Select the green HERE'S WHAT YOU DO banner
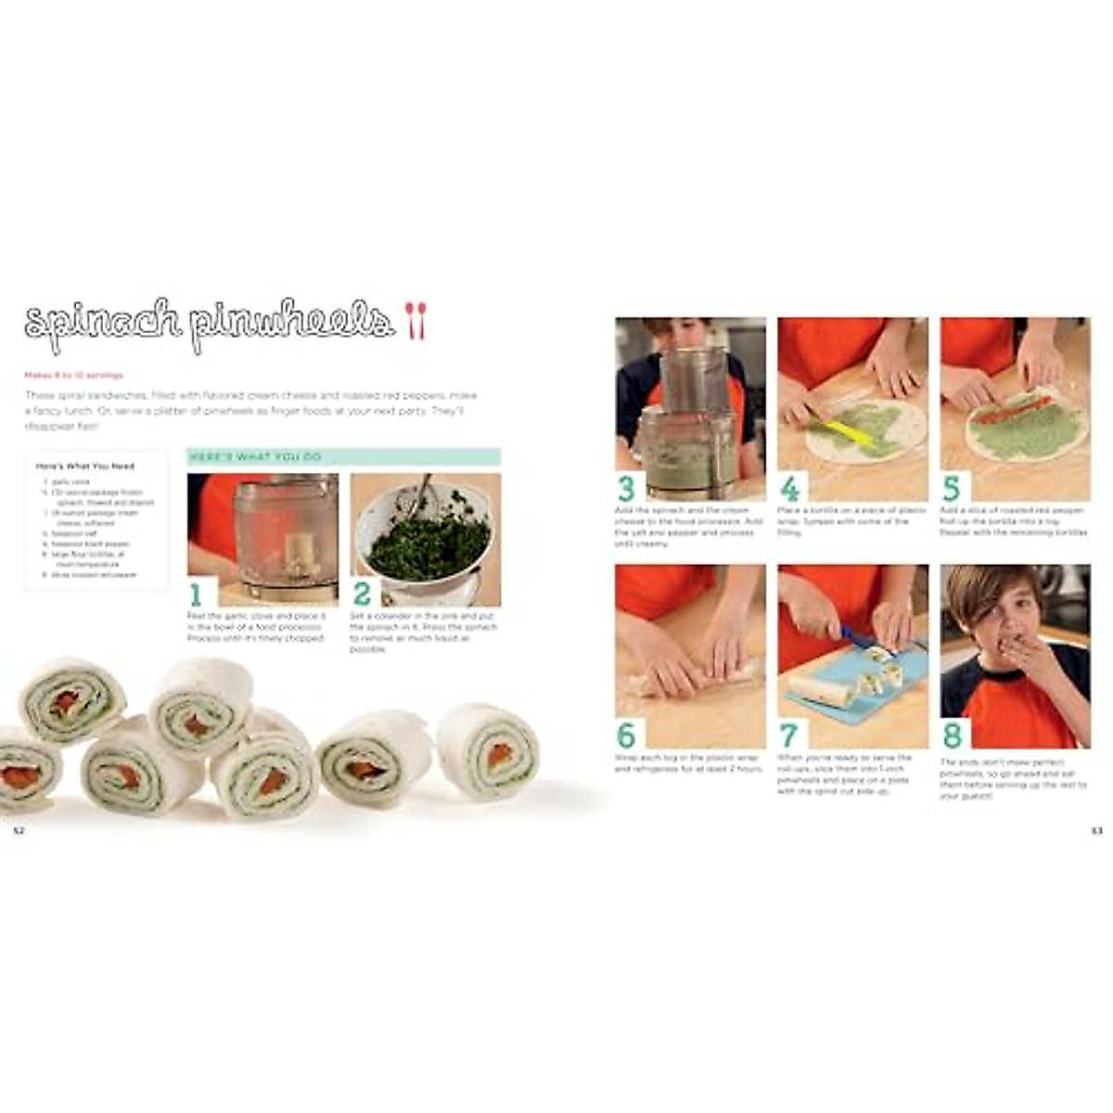344,457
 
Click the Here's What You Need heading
84,467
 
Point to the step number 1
196,594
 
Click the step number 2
362,594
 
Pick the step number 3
627,488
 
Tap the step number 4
789,488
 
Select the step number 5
952,488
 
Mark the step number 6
627,736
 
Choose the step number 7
789,736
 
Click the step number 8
952,736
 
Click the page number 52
18,831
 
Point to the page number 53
1095,831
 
